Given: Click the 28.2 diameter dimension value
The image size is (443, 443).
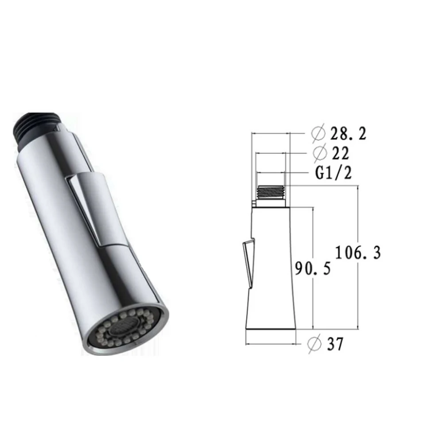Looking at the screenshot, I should coord(349,133).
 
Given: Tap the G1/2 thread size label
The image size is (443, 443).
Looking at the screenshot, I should coord(334,174).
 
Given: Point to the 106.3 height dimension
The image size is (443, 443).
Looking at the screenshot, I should coord(358,253).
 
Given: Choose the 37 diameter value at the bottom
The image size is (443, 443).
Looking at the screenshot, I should coord(334,344).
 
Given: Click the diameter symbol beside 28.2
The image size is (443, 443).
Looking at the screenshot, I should coord(319,132).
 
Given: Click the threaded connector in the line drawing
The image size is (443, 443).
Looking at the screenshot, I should coord(270,192).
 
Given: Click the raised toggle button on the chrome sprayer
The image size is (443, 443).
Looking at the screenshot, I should coord(97,208).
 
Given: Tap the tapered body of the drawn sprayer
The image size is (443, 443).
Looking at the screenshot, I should coord(271,266).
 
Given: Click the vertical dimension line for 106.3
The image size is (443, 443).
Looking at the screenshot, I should coord(358,213).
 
